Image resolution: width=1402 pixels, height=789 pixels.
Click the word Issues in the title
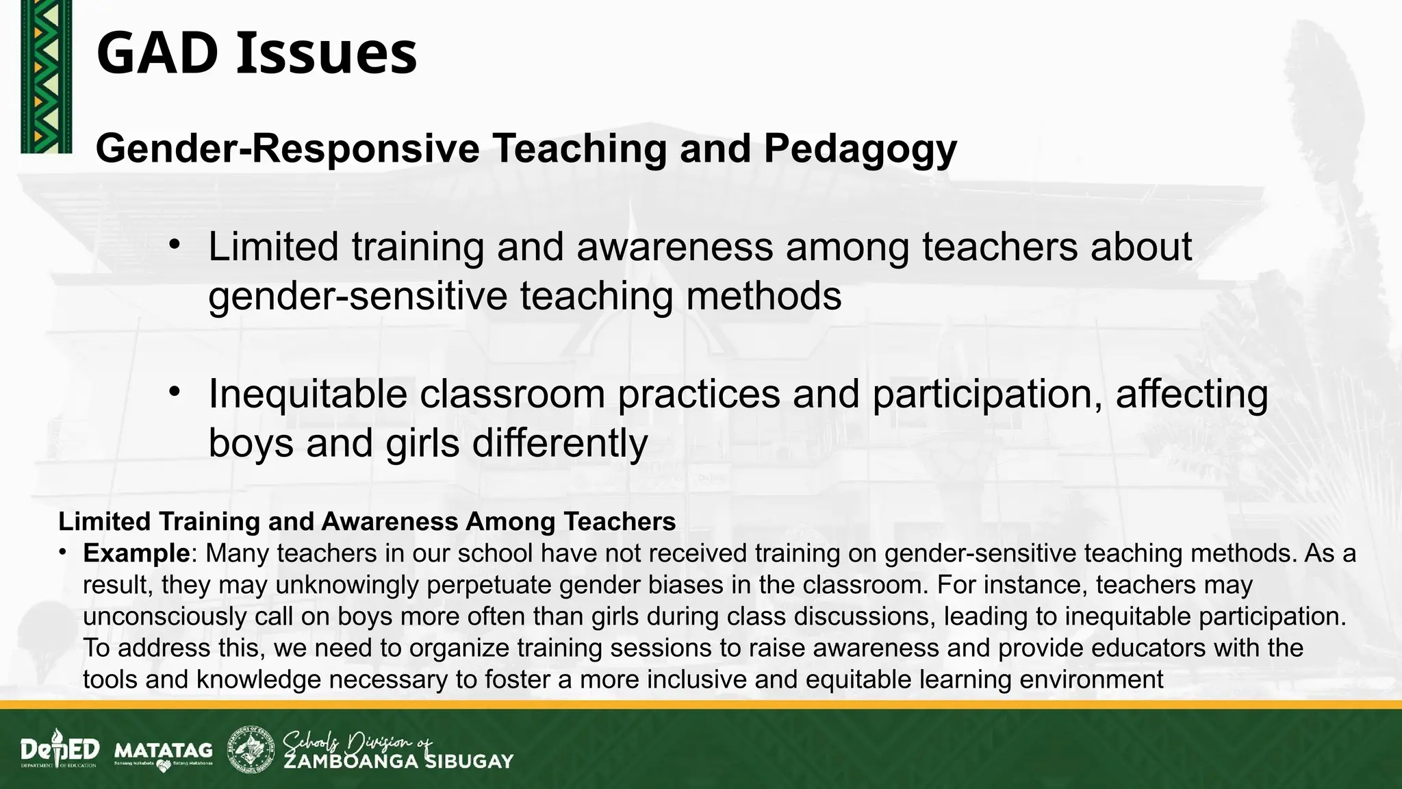(x=327, y=54)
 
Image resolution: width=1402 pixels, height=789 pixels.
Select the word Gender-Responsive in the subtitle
(x=288, y=148)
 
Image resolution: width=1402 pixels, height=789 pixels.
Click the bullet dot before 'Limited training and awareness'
(x=175, y=244)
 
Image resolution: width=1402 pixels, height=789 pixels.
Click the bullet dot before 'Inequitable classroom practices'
(x=175, y=392)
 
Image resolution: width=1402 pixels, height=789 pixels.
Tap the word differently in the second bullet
(x=559, y=443)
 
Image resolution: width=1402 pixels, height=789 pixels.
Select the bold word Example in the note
(x=136, y=553)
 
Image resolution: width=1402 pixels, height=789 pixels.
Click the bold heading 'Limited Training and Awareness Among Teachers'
(x=367, y=522)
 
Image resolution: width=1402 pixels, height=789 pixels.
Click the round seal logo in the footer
(x=252, y=749)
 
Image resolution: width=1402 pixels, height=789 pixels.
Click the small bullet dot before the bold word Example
(x=62, y=551)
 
